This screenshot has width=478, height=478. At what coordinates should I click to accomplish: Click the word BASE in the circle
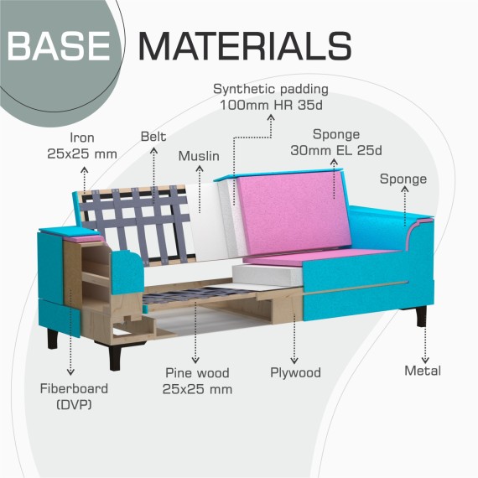(58, 46)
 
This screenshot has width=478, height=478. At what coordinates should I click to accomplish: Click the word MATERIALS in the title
(246, 46)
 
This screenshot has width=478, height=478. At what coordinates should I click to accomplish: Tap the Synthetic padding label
(271, 97)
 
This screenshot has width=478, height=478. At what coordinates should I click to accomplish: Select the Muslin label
(199, 156)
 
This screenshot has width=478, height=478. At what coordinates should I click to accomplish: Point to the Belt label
(153, 137)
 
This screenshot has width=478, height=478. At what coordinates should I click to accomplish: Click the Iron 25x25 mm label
(82, 146)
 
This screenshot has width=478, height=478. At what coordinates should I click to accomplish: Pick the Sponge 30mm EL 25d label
(336, 142)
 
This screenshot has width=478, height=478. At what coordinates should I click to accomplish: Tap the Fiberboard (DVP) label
(74, 397)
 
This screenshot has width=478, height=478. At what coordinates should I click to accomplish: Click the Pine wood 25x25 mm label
(197, 381)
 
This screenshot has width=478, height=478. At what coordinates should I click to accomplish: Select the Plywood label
(295, 373)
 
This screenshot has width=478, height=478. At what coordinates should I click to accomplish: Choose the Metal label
(423, 371)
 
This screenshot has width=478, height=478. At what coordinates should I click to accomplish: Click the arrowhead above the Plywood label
(294, 361)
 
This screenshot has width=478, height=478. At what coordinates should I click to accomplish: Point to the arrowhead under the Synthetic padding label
(271, 117)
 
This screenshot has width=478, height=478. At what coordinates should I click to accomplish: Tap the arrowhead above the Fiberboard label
(70, 371)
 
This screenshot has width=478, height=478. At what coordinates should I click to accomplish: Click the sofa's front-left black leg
(115, 357)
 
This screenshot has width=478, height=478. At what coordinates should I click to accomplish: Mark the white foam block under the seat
(267, 275)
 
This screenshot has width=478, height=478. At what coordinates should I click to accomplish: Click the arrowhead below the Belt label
(153, 151)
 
